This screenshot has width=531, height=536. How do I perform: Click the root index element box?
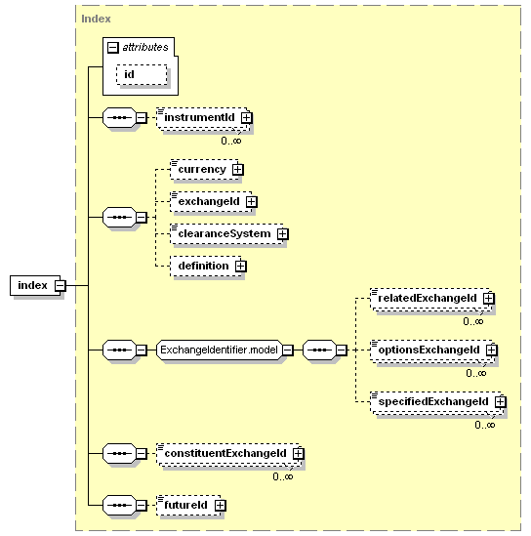tap(35, 285)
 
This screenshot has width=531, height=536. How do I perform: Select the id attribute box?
tap(142, 74)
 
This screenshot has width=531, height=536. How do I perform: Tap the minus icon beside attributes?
tap(113, 47)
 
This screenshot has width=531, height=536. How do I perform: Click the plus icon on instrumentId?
tap(246, 118)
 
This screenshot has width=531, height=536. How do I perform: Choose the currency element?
tap(204, 169)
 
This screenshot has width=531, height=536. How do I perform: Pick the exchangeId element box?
tap(211, 202)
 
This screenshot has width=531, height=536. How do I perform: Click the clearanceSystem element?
tap(226, 233)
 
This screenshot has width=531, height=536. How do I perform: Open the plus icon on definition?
tap(240, 266)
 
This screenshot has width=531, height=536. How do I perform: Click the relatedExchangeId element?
tap(430, 299)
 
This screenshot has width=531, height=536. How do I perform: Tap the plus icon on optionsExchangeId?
tap(491, 350)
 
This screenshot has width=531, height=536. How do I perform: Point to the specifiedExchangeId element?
tap(436, 402)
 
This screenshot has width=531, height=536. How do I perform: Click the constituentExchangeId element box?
tap(228, 454)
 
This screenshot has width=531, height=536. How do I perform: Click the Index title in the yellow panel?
tap(96, 19)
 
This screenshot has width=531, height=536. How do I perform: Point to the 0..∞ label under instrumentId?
tap(231, 141)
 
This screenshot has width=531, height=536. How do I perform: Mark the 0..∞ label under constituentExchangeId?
tap(283, 476)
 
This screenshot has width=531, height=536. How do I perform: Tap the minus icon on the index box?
tap(61, 285)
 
